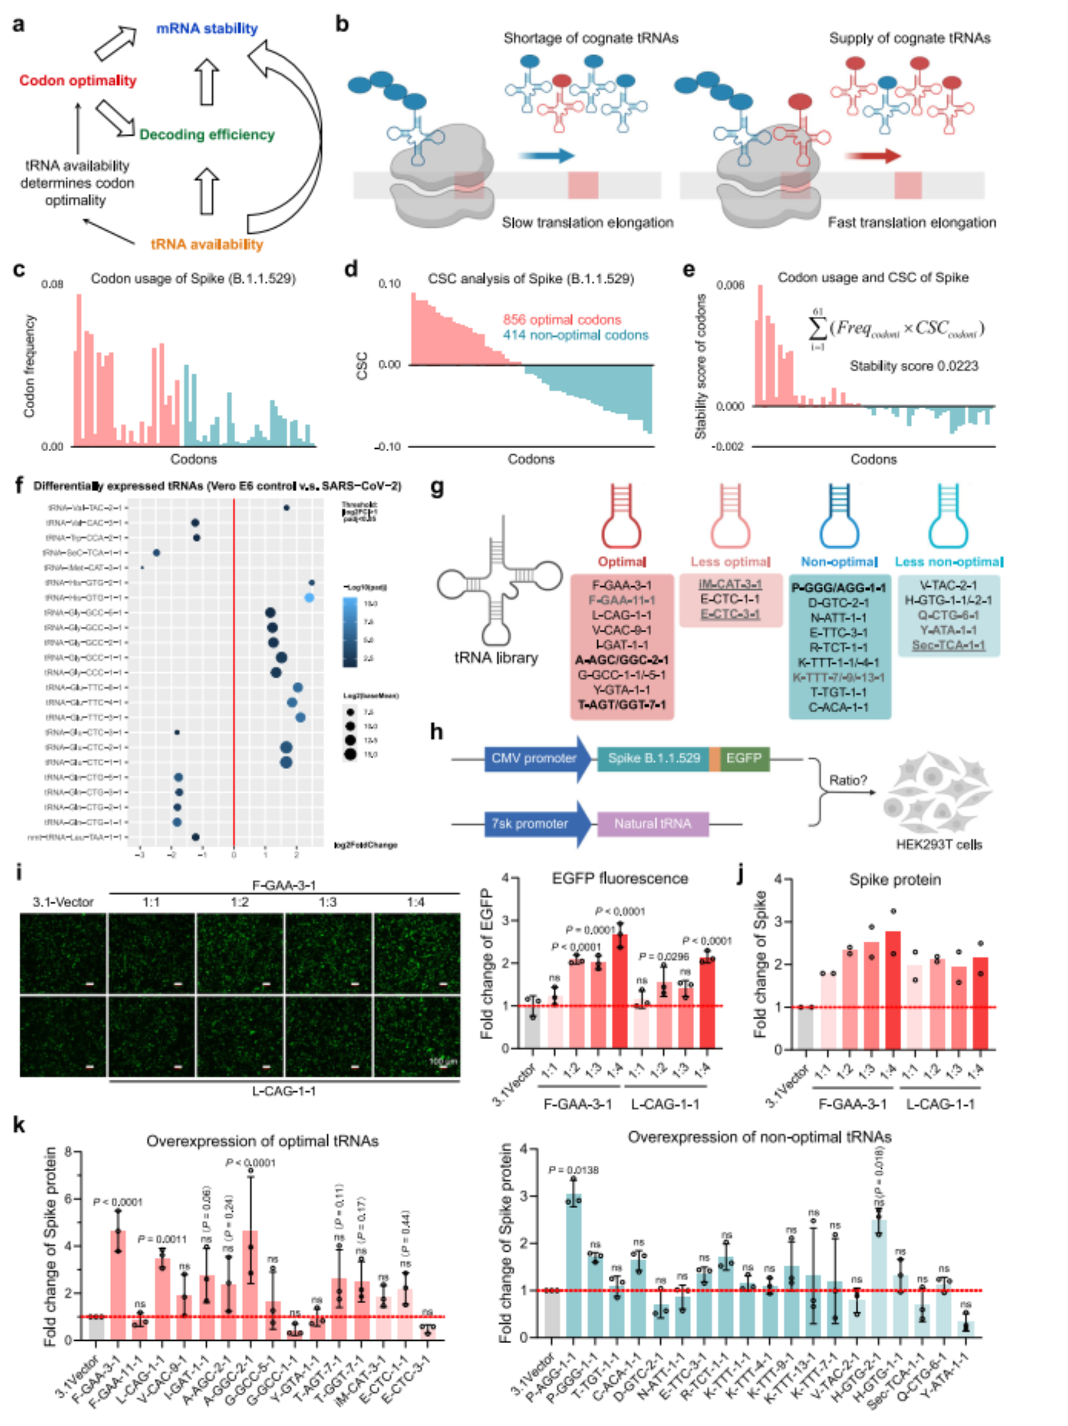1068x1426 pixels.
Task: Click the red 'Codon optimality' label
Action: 77,80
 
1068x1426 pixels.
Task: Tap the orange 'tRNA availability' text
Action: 207,244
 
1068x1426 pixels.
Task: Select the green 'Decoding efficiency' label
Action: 207,134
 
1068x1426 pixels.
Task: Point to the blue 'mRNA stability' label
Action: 207,28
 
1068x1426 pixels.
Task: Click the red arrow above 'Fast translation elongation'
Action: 873,155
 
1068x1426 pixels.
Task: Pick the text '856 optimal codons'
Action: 562,320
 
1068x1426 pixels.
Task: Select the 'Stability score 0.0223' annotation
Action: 913,366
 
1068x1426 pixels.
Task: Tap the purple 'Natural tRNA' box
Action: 652,824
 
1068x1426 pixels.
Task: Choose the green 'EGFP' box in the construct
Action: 744,758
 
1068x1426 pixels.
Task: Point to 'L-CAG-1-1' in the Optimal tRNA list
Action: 622,615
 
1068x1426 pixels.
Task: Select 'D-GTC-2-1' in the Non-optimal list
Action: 838,603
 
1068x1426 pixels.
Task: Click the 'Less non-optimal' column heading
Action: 948,562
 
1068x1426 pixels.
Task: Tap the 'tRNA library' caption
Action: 496,657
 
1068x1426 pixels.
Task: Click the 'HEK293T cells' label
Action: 939,845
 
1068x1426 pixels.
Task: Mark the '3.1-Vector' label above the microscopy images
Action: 63,902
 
